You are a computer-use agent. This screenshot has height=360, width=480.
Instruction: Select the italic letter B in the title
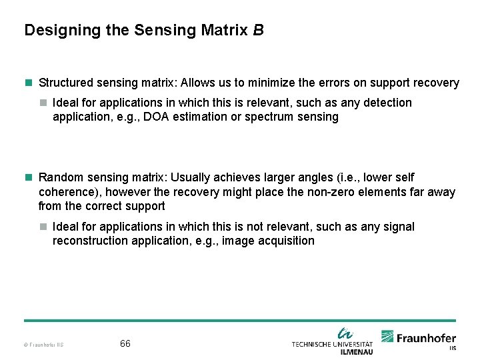(259, 30)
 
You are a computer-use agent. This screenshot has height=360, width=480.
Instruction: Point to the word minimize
(269, 83)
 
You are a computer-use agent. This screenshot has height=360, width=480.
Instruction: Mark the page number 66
(125, 344)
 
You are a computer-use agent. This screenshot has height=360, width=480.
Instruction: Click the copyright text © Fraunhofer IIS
(43, 345)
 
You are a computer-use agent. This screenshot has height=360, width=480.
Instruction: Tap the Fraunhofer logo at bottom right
(419, 338)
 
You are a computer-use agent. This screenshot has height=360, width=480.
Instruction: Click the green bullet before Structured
(28, 83)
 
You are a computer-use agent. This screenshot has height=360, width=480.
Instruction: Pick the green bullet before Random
(28, 177)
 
